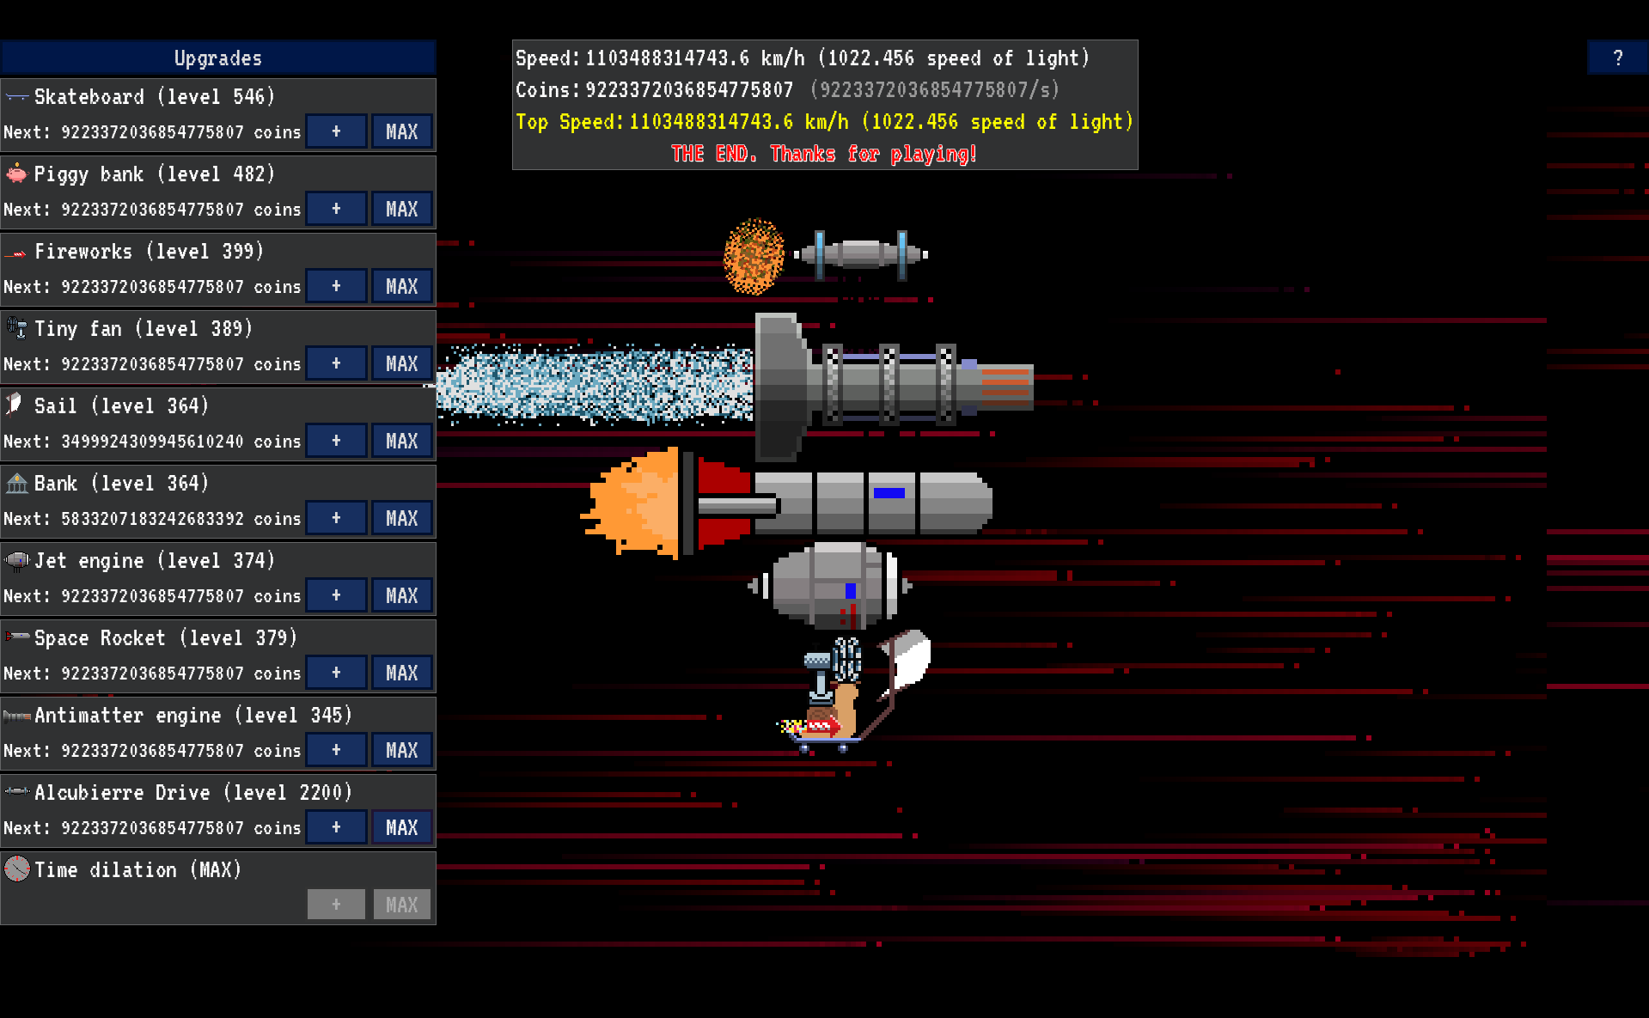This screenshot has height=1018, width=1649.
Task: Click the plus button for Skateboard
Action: point(336,131)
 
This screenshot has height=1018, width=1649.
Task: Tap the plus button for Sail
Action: point(336,441)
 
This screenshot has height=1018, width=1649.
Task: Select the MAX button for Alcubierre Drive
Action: point(401,827)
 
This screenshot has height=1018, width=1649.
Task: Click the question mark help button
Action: point(1617,58)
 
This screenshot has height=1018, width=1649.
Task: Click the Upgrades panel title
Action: point(217,58)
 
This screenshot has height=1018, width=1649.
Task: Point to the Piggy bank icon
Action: point(16,174)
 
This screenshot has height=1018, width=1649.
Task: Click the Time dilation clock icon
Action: point(16,869)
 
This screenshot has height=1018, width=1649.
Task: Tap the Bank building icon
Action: point(16,483)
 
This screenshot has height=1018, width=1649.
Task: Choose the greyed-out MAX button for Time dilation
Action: point(401,905)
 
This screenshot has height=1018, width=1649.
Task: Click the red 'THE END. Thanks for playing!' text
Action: point(823,154)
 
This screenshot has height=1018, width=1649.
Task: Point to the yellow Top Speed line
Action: point(823,122)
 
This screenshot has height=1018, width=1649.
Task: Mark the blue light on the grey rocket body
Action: point(889,493)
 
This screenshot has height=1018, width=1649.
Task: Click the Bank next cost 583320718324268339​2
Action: point(152,519)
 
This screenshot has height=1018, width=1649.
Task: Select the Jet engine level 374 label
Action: point(154,561)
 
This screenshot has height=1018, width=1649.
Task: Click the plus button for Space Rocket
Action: point(336,673)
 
